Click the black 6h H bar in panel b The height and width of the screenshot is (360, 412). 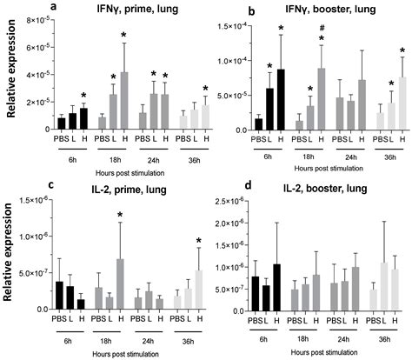tap(281, 99)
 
